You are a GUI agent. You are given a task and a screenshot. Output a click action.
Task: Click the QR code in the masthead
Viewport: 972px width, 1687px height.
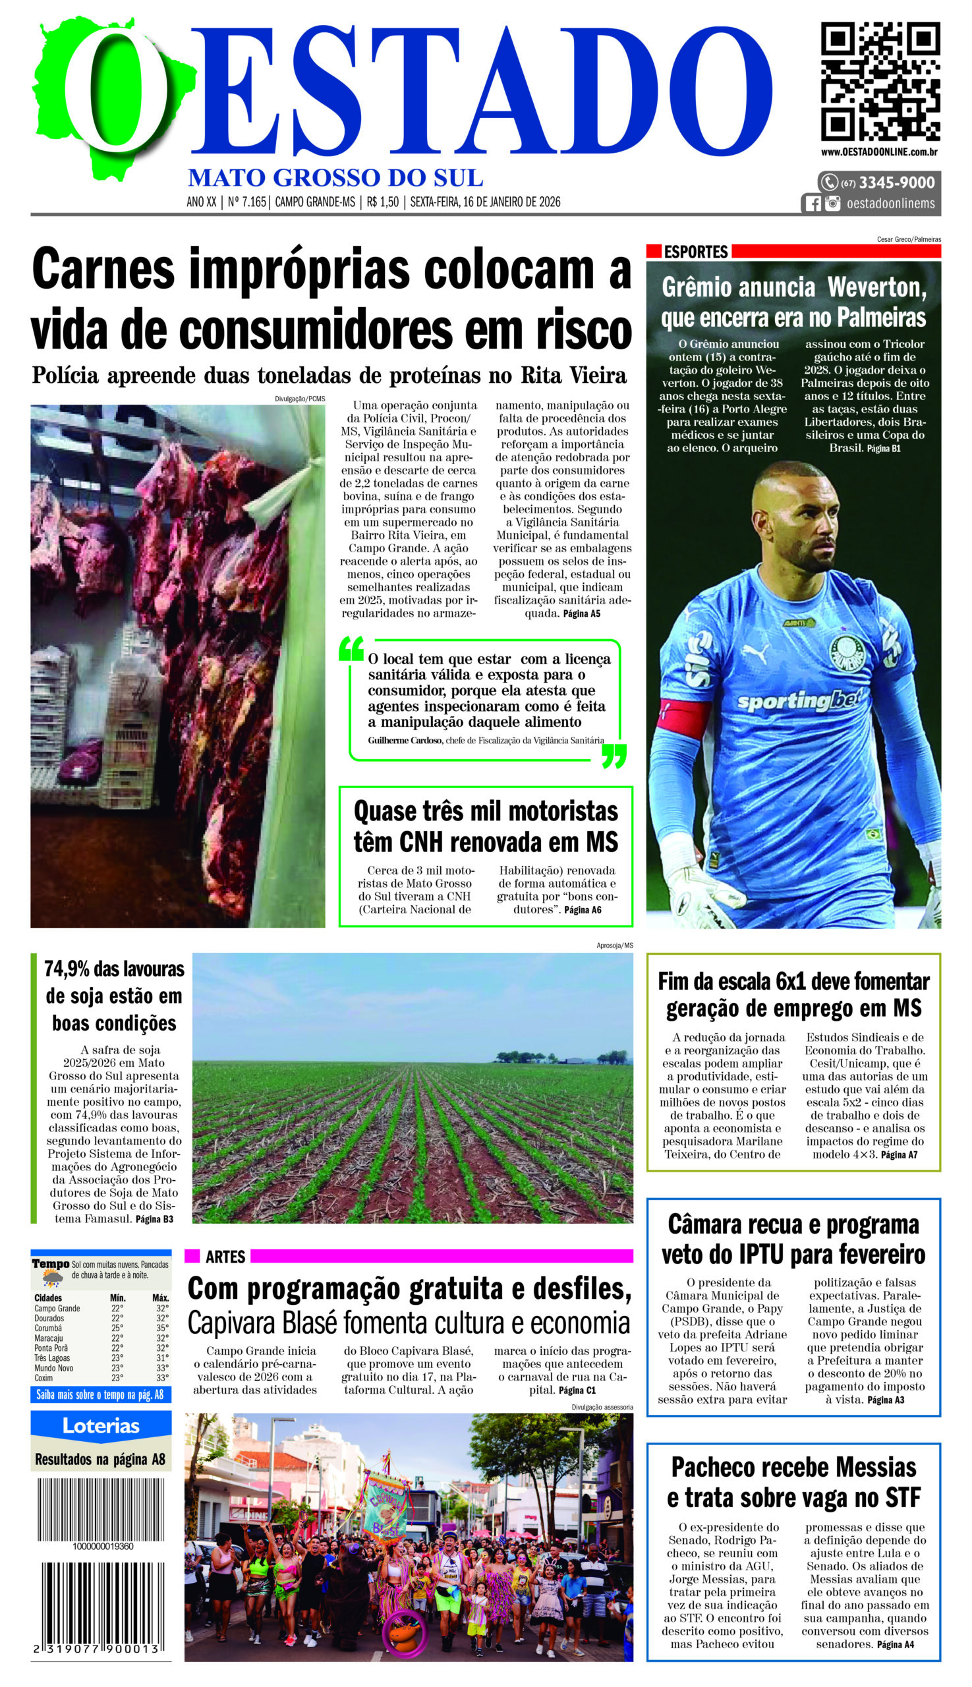pos(880,81)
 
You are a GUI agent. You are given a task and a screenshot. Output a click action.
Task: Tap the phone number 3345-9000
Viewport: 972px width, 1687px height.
pos(896,183)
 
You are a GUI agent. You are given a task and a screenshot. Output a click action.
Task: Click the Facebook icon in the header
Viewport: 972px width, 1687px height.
pos(813,204)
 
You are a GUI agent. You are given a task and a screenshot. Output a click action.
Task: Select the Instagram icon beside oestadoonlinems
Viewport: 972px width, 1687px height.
pos(832,204)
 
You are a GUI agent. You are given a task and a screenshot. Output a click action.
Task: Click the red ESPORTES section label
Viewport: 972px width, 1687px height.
pos(695,252)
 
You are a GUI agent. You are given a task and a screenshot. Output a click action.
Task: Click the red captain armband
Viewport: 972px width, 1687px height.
pos(683,717)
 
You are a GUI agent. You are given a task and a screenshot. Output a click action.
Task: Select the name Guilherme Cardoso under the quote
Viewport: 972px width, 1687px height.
pos(405,739)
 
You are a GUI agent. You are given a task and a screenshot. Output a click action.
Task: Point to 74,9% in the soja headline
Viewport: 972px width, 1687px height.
pos(69,969)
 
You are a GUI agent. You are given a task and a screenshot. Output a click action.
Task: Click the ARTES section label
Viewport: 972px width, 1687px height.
pos(225,1257)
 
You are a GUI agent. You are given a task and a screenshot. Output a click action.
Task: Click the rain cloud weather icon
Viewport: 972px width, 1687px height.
pos(52,1278)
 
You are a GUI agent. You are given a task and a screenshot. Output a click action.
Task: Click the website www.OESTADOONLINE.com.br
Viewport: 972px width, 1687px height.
pos(879,152)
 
